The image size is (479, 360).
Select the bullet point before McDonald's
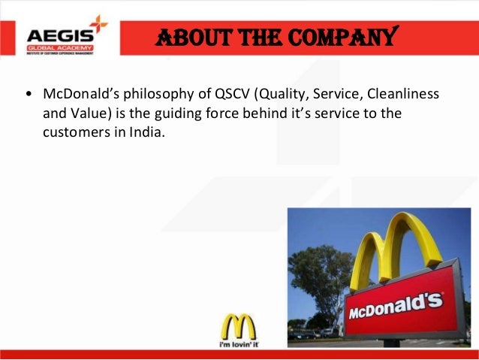[29, 96]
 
